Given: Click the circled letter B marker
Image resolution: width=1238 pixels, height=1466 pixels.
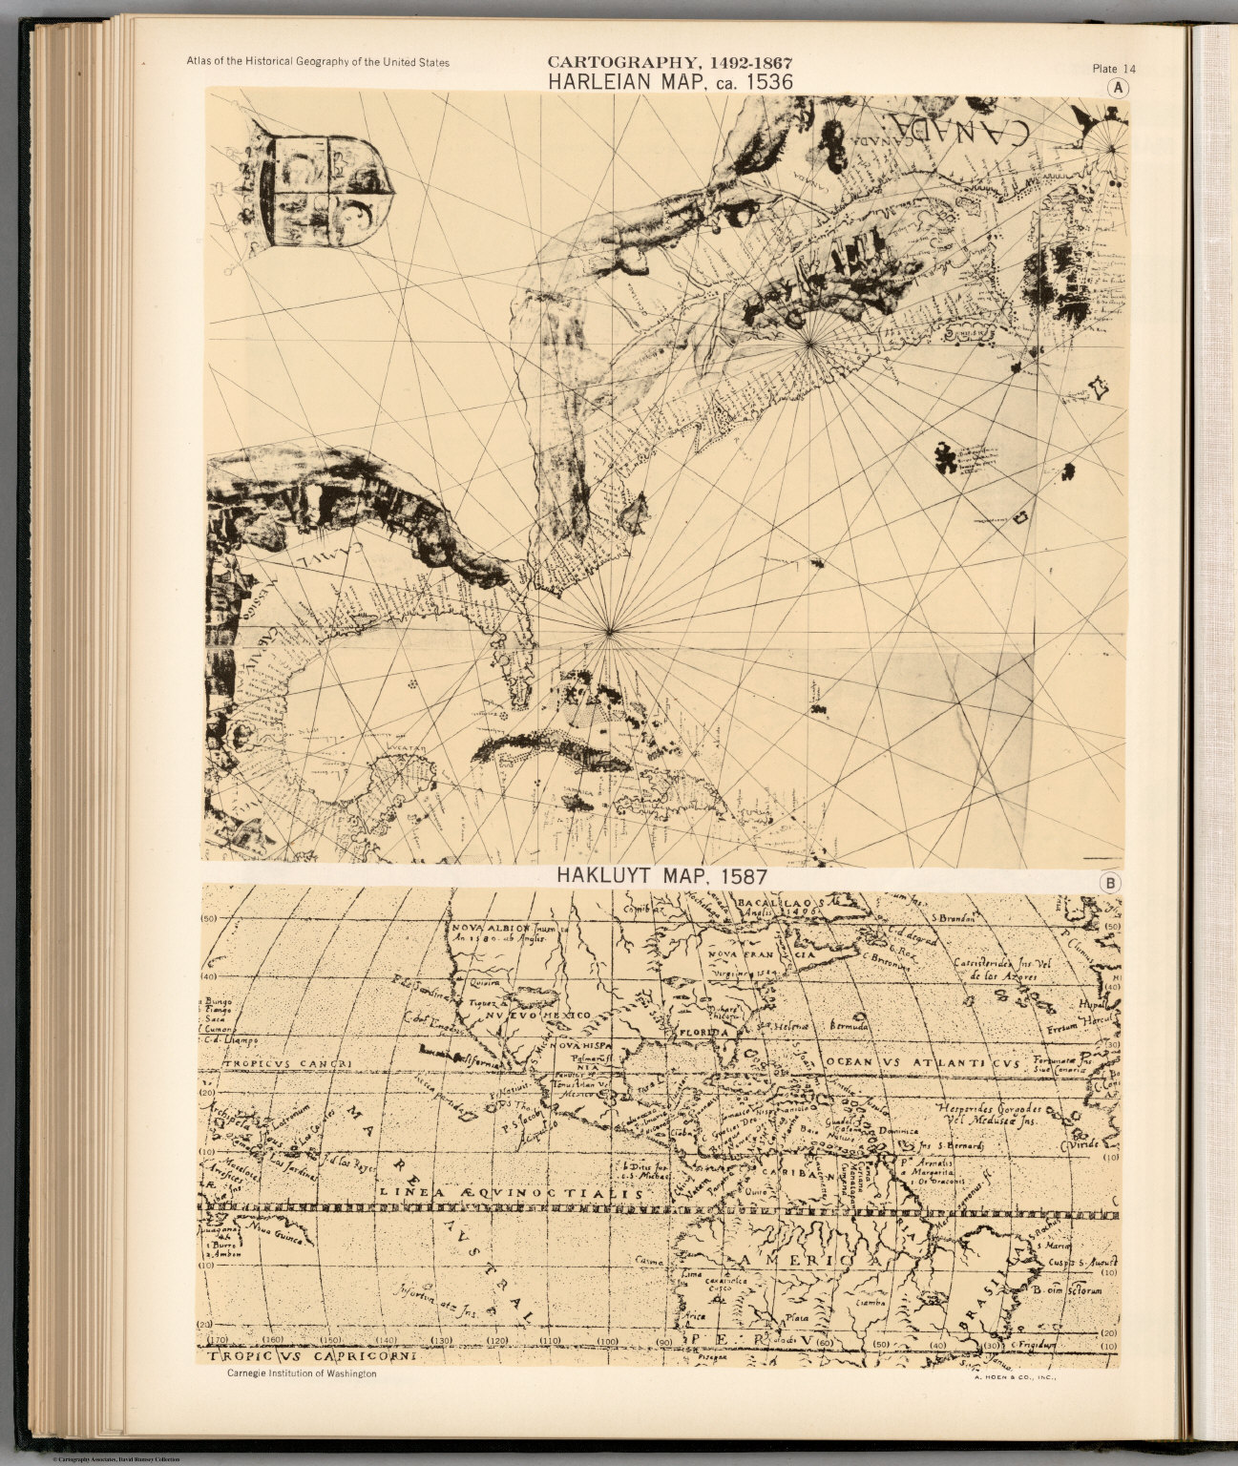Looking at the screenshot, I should click(1110, 883).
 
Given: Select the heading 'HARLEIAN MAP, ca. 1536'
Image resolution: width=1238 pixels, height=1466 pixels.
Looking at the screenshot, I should click(669, 82).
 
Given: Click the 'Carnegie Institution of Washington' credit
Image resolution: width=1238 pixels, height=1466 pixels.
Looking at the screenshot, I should click(302, 1373).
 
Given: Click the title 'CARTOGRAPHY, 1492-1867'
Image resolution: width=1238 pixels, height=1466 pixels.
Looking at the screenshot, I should click(669, 63).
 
